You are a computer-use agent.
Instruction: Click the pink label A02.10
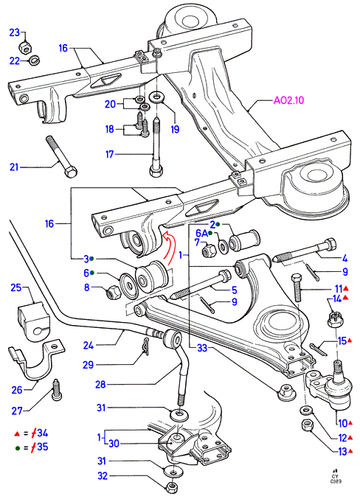tap(288, 100)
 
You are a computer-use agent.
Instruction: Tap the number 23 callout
tap(15, 32)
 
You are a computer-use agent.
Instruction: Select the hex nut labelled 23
tap(25, 47)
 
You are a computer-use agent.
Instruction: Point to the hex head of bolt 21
tap(71, 172)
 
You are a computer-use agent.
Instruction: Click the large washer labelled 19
tap(157, 97)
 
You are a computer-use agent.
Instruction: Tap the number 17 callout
tap(110, 154)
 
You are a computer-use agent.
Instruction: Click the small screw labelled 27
tap(57, 389)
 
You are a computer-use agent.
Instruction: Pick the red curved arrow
tap(170, 248)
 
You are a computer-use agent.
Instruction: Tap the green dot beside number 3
tap(91, 259)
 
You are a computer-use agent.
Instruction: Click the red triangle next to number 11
tap(346, 288)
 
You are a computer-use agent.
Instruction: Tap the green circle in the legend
tap(18, 448)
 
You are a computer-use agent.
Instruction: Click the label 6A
tap(201, 233)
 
